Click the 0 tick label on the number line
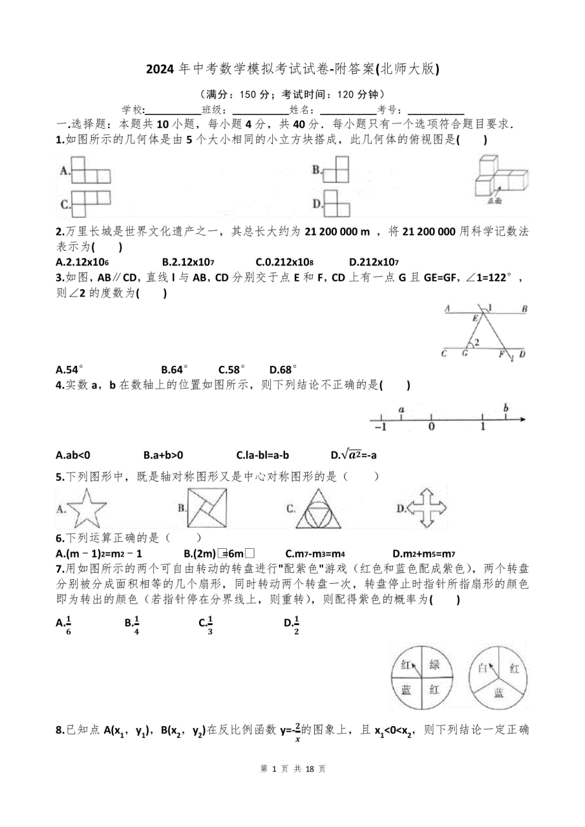432,427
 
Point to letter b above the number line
506,407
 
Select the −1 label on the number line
380,427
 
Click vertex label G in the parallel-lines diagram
465,354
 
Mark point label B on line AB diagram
525,309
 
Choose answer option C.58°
231,369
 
